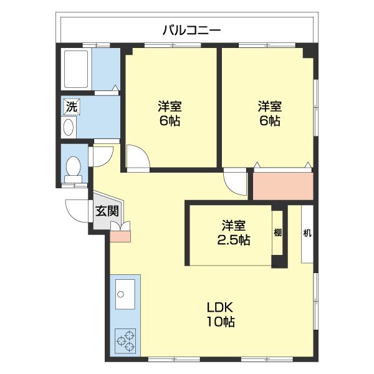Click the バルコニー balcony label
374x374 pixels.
click(192, 31)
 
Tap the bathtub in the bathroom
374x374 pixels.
click(76, 69)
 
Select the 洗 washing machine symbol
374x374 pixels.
click(72, 107)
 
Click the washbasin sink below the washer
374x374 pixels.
click(69, 127)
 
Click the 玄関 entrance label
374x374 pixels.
click(107, 211)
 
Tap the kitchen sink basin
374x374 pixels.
click(125, 294)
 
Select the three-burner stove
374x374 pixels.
click(125, 341)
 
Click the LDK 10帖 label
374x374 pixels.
click(221, 315)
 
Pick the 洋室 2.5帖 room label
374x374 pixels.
click(234, 233)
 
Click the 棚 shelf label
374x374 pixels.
click(277, 232)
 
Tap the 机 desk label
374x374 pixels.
click(307, 233)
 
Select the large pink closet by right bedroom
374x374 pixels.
click(283, 186)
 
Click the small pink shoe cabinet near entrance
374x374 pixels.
click(120, 236)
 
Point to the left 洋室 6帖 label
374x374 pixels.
click(170, 113)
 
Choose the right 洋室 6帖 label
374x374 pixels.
click(270, 113)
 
